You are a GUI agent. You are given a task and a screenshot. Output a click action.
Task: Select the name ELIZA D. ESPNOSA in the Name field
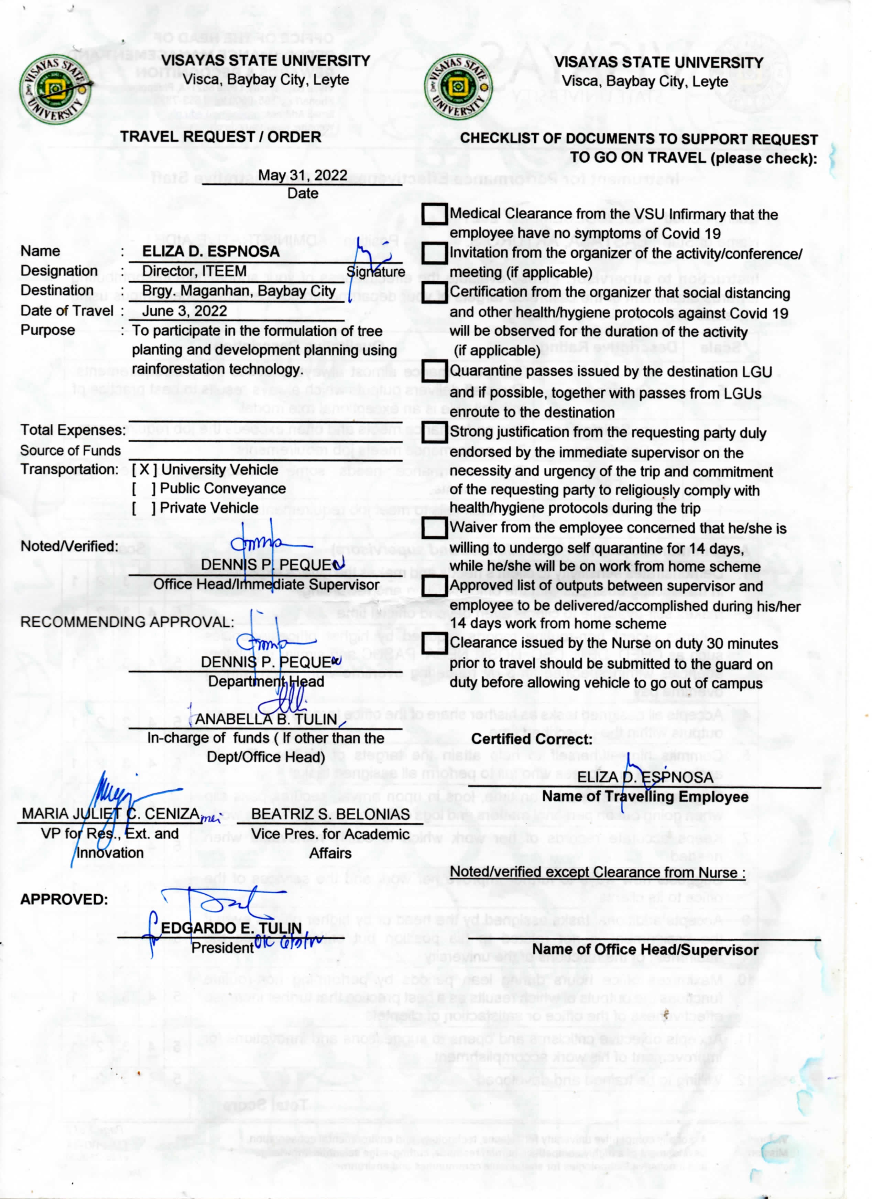tap(210, 252)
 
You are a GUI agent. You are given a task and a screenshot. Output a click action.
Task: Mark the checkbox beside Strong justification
tap(434, 432)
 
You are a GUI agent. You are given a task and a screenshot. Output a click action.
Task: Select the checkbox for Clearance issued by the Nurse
tap(434, 644)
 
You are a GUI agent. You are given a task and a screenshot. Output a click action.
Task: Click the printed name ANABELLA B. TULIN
tap(266, 720)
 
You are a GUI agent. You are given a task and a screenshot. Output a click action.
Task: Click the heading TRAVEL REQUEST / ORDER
tap(220, 137)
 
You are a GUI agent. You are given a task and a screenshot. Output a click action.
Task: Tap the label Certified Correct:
tap(532, 739)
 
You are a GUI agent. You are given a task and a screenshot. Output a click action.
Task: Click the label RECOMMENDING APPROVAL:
tap(127, 622)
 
